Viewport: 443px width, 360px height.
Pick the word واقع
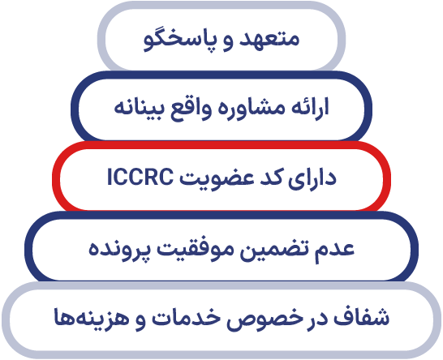tap(192, 109)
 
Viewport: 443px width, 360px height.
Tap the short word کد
tap(274, 177)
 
